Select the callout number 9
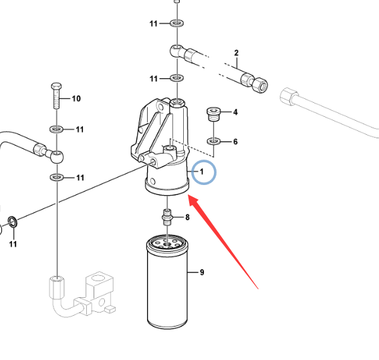(x=202, y=273)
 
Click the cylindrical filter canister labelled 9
(x=167, y=282)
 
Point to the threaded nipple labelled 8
(x=167, y=217)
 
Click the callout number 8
(x=187, y=217)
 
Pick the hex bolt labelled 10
(x=56, y=96)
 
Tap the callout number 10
(x=76, y=98)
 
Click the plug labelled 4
(x=214, y=114)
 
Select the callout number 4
(x=235, y=112)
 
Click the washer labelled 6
(x=214, y=141)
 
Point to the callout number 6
(x=235, y=142)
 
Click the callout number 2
(x=237, y=53)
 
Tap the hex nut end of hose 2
(x=260, y=85)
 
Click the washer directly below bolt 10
(x=57, y=129)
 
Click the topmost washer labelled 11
(x=177, y=23)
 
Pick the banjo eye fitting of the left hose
(x=57, y=157)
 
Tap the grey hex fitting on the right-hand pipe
(x=289, y=97)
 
